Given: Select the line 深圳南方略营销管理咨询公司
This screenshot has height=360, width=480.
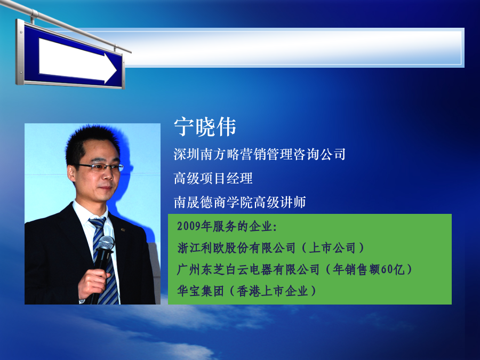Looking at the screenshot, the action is pyautogui.click(x=260, y=154).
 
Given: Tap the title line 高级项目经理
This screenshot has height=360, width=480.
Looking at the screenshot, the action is pyautogui.click(x=213, y=178).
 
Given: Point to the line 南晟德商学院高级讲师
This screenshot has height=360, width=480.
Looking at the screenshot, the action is pyautogui.click(x=239, y=202).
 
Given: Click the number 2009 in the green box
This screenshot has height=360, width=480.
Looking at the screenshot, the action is pyautogui.click(x=189, y=226).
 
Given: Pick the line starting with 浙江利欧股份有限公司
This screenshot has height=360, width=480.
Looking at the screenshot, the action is pyautogui.click(x=270, y=247).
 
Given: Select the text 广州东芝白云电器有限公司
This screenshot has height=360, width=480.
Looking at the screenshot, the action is pyautogui.click(x=248, y=269).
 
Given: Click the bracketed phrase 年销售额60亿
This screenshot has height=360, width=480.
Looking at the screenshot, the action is pyautogui.click(x=369, y=269).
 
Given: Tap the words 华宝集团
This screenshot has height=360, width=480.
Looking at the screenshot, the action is pyautogui.click(x=201, y=291).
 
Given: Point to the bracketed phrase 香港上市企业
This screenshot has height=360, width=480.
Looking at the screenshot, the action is pyautogui.click(x=272, y=291).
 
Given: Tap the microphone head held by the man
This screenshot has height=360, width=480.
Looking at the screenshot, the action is pyautogui.click(x=106, y=243).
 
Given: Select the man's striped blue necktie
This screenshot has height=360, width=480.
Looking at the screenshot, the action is pyautogui.click(x=104, y=260).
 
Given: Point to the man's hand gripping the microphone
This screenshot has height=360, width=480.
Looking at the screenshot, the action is pyautogui.click(x=93, y=284).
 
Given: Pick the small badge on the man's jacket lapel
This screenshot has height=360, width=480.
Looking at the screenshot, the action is pyautogui.click(x=123, y=229).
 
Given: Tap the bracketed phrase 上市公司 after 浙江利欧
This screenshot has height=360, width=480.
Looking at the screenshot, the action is pyautogui.click(x=332, y=247).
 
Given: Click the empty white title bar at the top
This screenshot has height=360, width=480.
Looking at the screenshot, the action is pyautogui.click(x=294, y=47).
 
